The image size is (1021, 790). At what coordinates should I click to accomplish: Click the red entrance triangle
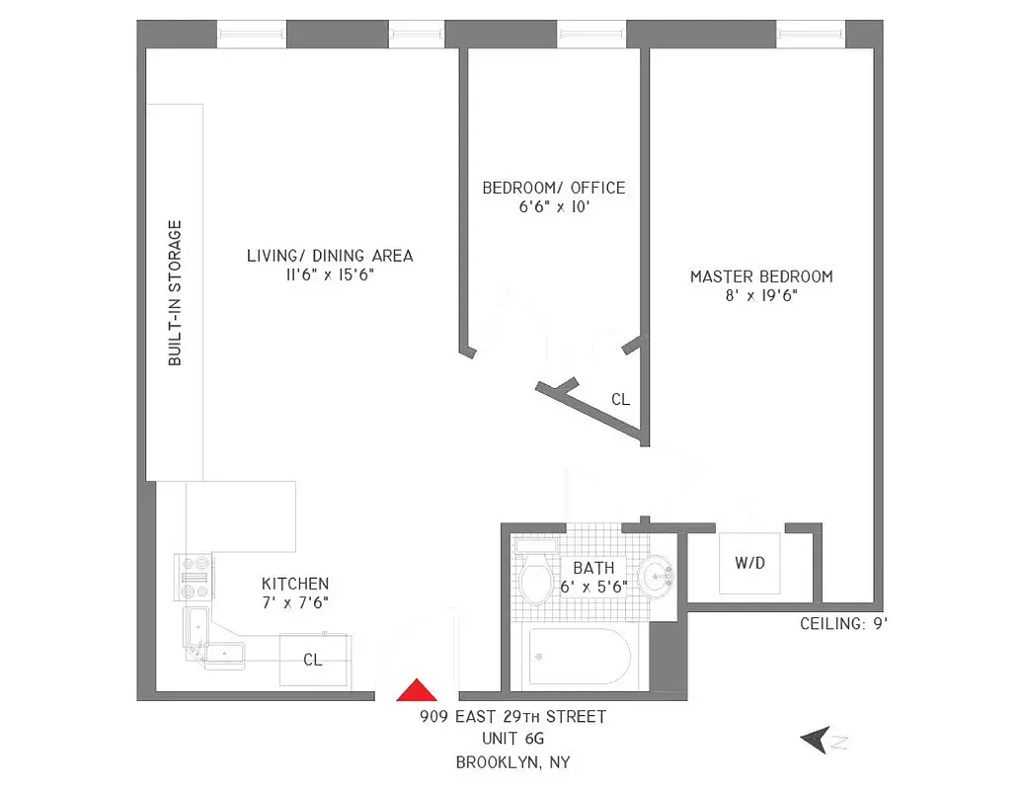(417, 690)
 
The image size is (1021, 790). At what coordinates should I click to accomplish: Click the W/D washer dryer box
(750, 564)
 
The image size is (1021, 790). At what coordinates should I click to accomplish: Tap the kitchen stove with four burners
(195, 578)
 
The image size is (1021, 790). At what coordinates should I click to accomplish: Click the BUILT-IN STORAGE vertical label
(175, 292)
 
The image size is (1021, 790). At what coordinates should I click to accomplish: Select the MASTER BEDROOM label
(760, 276)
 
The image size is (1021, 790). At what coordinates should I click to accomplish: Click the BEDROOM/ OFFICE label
(553, 188)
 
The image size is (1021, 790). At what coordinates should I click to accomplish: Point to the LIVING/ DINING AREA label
(330, 256)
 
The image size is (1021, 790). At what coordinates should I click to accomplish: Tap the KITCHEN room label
(295, 584)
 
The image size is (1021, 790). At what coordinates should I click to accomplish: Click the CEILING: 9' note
(844, 623)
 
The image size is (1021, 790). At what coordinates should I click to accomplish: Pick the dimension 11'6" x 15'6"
(330, 276)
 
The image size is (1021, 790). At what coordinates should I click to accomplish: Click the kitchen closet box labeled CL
(313, 660)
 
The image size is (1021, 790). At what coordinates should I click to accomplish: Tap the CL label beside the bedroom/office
(620, 400)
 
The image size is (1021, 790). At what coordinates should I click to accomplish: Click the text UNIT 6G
(512, 739)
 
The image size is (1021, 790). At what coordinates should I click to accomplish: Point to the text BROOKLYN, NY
(512, 761)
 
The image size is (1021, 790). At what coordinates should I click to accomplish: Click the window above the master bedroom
(810, 34)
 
